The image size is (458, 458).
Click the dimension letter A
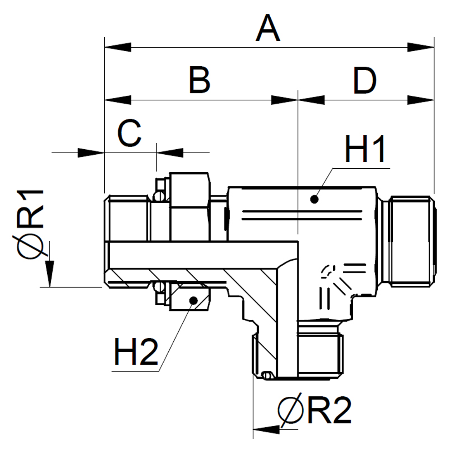pos(268,29)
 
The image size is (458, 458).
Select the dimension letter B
pos(200,80)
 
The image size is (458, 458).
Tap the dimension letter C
pos(129,134)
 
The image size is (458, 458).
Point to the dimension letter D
pos(365,81)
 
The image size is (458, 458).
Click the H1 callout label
pos(365,150)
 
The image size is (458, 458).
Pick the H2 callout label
pos(136,351)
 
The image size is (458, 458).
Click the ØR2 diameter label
pos(315,410)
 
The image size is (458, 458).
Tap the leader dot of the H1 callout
pos(314,199)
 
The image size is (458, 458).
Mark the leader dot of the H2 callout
pos(193,300)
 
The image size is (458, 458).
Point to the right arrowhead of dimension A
pos(421,48)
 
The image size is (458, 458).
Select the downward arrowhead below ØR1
pos(49,274)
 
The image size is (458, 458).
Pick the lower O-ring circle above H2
pos(158,287)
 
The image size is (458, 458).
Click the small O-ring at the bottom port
pos(266,375)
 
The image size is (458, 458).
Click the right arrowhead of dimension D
pos(421,100)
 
